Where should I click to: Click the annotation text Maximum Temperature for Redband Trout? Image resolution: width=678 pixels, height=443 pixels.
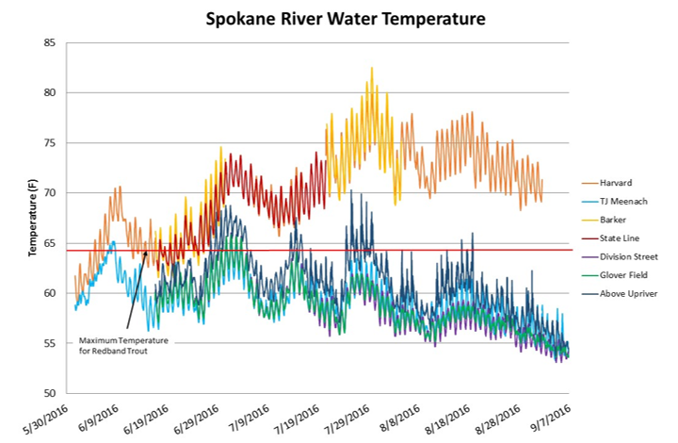tap(118, 344)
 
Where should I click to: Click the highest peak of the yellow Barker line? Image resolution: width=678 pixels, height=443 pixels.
tap(372, 68)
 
